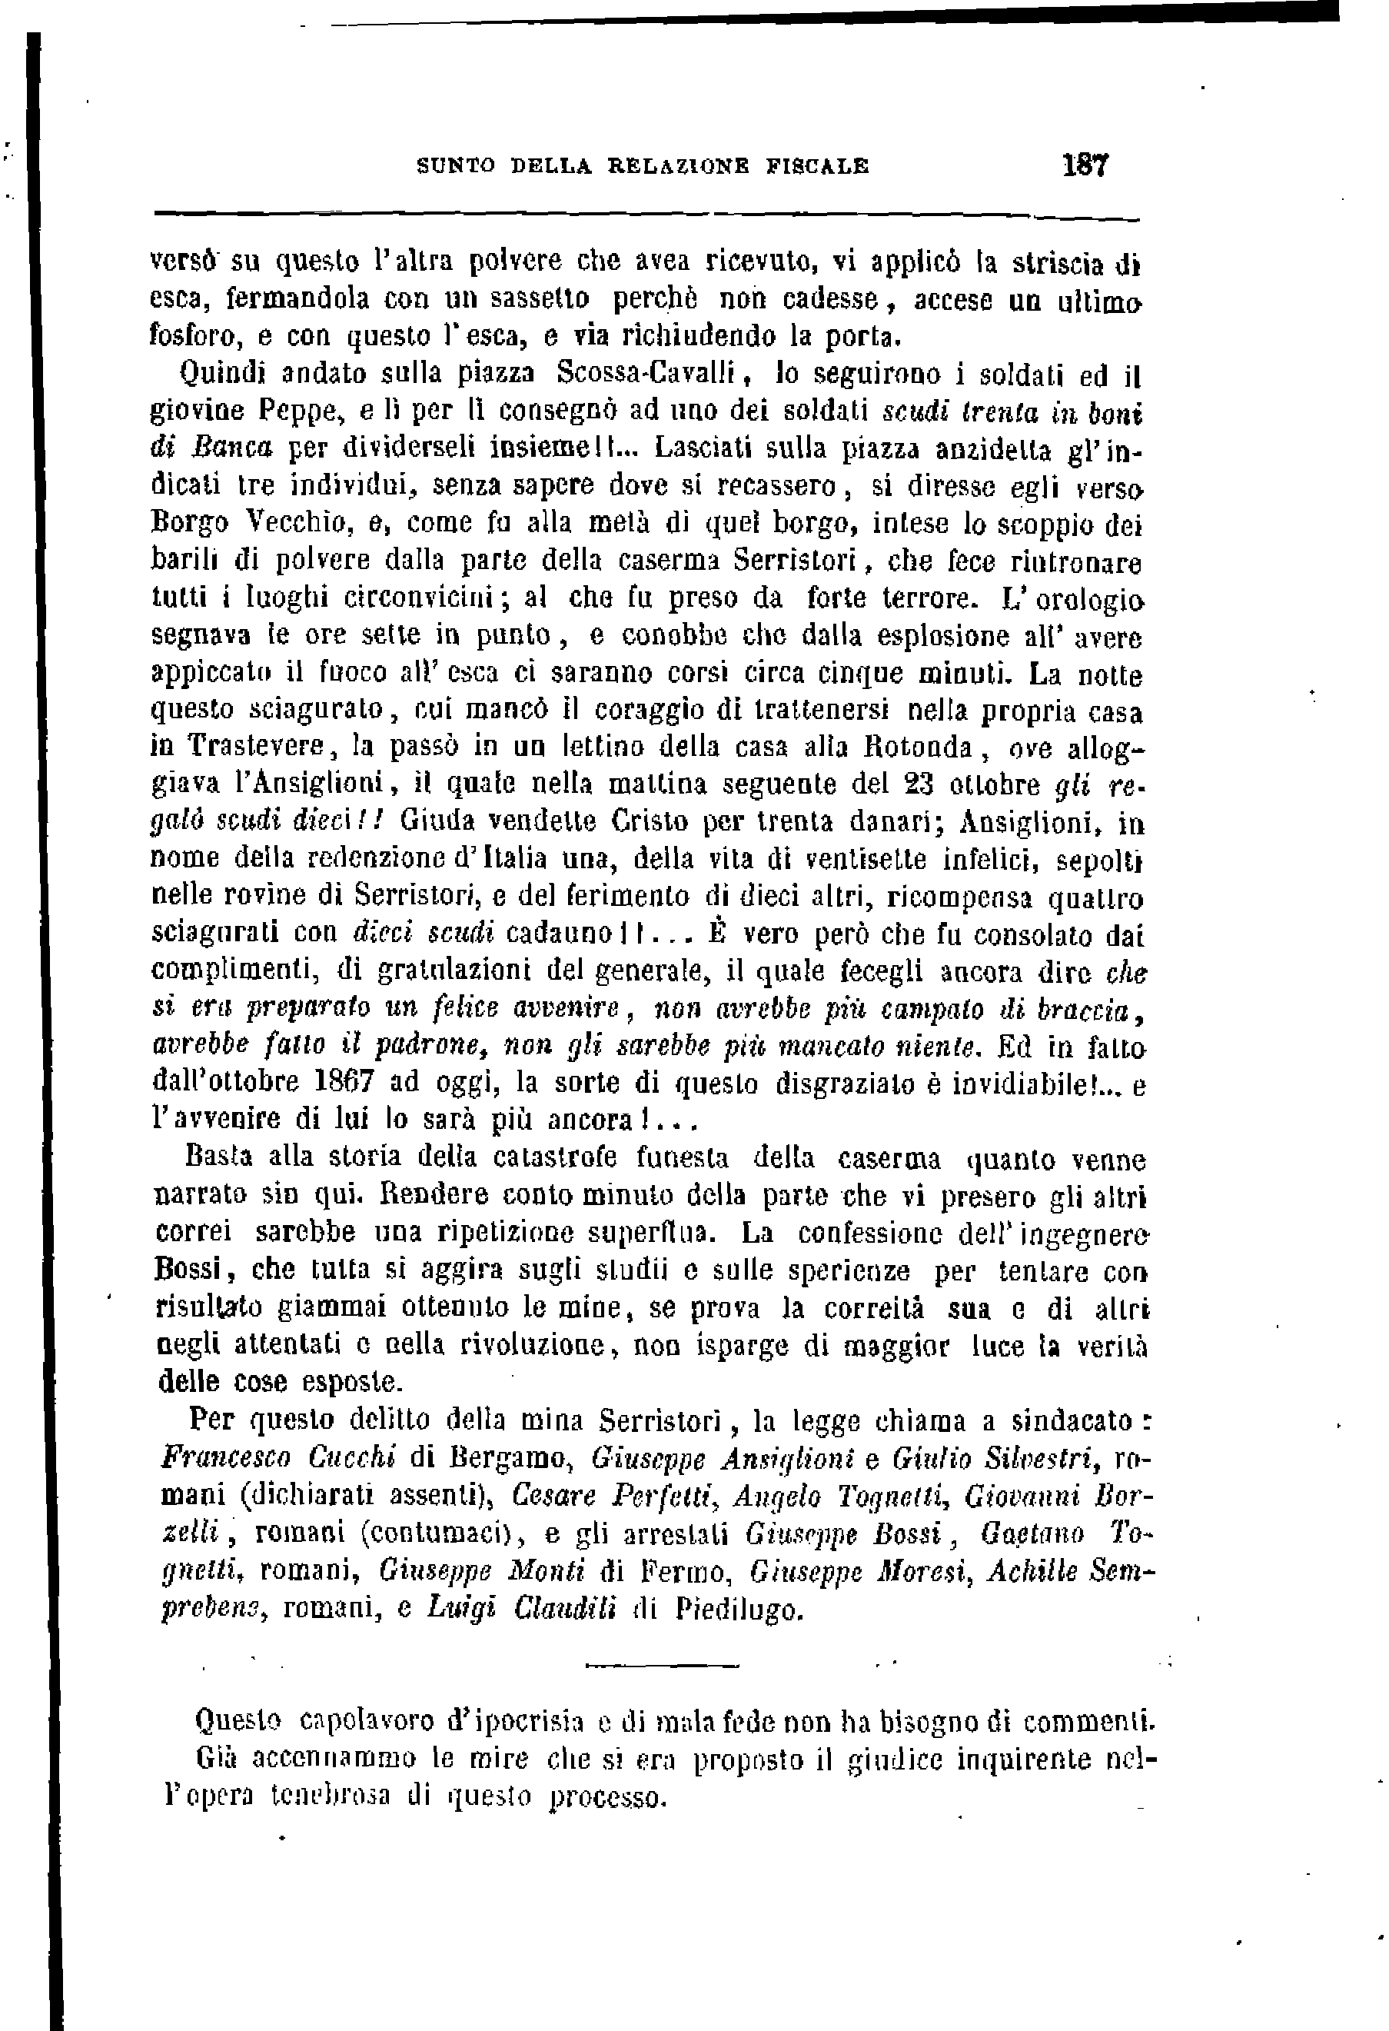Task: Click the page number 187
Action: tap(1085, 165)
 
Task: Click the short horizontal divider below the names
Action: tap(661, 1665)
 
